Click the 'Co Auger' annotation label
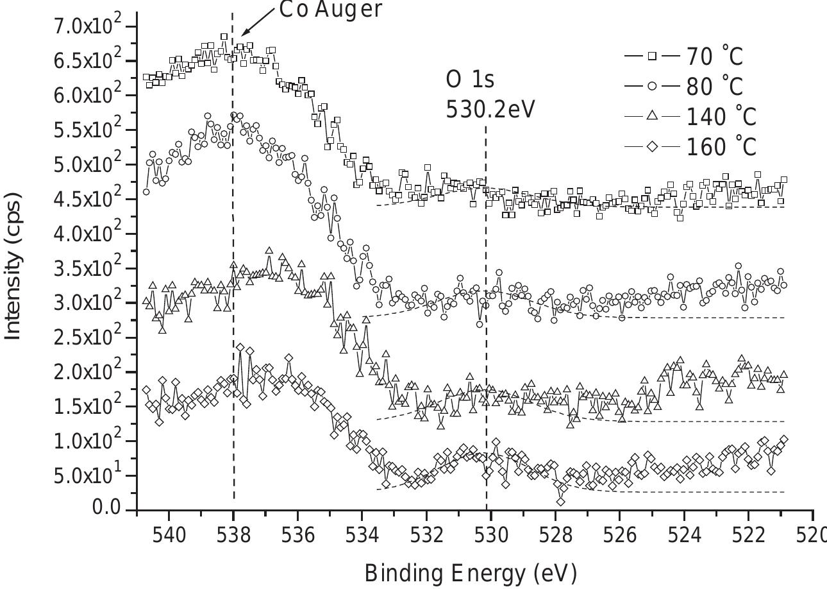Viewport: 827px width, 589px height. [331, 10]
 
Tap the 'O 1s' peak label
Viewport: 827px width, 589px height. [470, 80]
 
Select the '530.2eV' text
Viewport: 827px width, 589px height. [490, 109]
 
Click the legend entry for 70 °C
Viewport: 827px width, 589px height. [684, 56]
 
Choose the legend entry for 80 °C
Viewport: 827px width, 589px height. [684, 87]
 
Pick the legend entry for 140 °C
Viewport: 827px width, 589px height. [690, 117]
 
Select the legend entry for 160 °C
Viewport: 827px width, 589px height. [690, 147]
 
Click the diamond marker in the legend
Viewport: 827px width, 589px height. [652, 147]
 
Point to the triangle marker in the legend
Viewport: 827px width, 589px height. [652, 116]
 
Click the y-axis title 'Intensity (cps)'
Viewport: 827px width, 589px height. [13, 268]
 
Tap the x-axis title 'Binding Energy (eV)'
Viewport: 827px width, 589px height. [471, 572]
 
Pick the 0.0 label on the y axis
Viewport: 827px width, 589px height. [106, 508]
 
